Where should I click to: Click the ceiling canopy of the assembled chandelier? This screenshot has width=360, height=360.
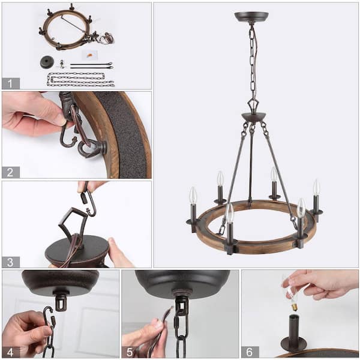coord(251,17)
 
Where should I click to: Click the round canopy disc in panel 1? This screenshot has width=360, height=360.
coord(47,61)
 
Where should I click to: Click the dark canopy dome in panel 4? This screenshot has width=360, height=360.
coord(60,282)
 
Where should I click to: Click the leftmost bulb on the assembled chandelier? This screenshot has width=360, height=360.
coord(193,196)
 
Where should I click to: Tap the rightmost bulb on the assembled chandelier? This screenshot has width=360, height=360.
coord(316,188)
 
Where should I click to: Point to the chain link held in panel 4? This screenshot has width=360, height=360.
coord(48,327)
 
